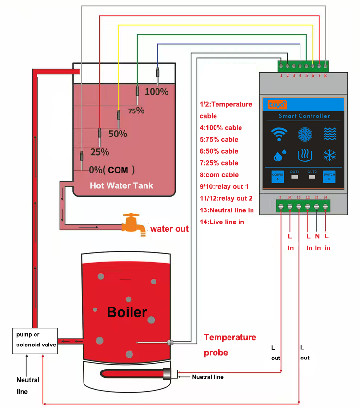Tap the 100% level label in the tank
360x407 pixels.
point(156,91)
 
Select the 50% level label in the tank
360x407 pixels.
point(118,134)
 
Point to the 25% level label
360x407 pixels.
point(100,152)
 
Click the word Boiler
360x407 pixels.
point(127,312)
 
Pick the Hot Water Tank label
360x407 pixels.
point(121,185)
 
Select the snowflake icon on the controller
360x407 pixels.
point(329,156)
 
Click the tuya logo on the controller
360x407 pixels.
point(277,103)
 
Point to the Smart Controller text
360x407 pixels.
point(304,116)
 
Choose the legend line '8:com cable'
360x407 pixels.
point(219,175)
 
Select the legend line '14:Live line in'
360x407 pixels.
point(222,222)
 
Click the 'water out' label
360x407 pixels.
point(169,229)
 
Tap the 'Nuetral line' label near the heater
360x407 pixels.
point(208,377)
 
